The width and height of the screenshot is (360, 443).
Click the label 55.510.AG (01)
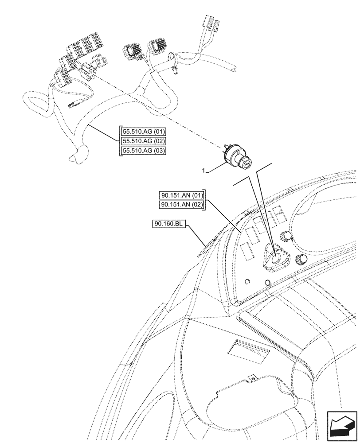(x=143, y=132)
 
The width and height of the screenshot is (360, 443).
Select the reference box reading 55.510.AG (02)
(x=143, y=141)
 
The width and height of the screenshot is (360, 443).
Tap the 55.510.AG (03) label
(x=143, y=150)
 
